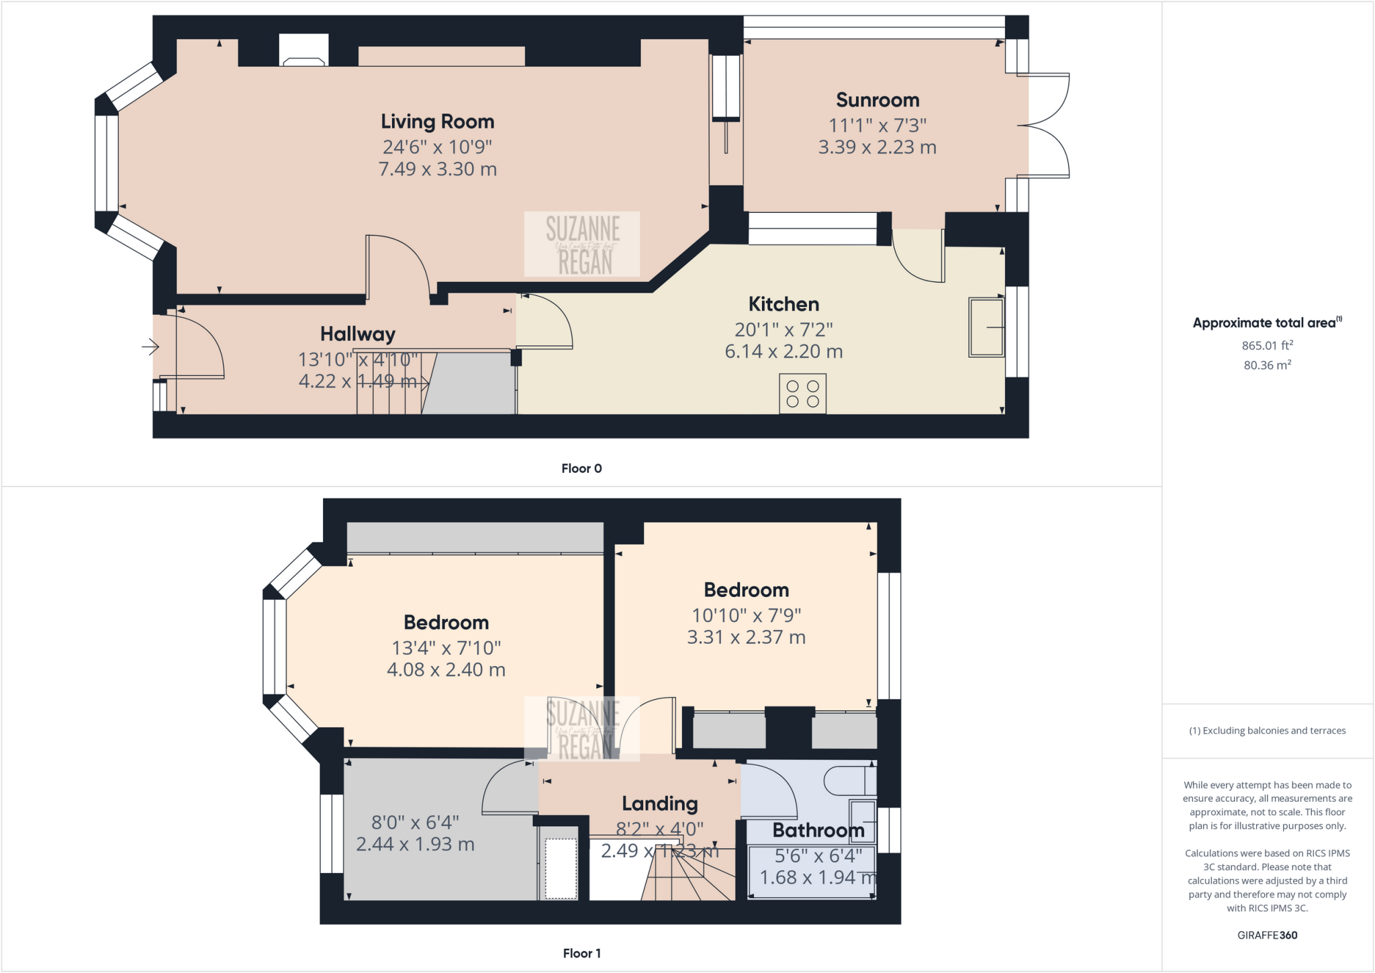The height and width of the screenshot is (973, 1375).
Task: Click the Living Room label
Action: [x=437, y=122]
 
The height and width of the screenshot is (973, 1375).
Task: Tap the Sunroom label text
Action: [x=878, y=100]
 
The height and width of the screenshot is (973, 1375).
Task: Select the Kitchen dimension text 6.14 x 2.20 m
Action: [x=784, y=351]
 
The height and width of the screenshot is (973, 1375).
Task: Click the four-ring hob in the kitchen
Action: [x=802, y=394]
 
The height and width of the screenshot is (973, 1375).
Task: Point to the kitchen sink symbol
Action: [x=986, y=327]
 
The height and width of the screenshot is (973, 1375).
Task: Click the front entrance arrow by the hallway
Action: [x=150, y=347]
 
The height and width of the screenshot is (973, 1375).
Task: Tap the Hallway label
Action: [x=357, y=334]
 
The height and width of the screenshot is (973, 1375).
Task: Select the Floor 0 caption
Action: [x=581, y=469]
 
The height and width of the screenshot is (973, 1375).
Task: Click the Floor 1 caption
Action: [x=581, y=953]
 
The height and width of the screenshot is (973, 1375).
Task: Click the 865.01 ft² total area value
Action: [x=1267, y=345]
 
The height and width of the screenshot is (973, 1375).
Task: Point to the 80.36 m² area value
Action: [x=1267, y=365]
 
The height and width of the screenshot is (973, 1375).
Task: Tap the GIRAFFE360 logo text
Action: [x=1267, y=935]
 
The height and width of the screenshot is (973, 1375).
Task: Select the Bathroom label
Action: [x=818, y=831]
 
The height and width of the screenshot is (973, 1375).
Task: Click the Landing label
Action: [x=659, y=804]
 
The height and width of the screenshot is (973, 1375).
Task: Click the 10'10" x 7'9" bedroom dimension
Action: [x=746, y=615]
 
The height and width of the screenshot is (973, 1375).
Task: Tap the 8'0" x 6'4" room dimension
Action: [x=415, y=823]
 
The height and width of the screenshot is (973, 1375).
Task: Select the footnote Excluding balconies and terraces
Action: [x=1267, y=731]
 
